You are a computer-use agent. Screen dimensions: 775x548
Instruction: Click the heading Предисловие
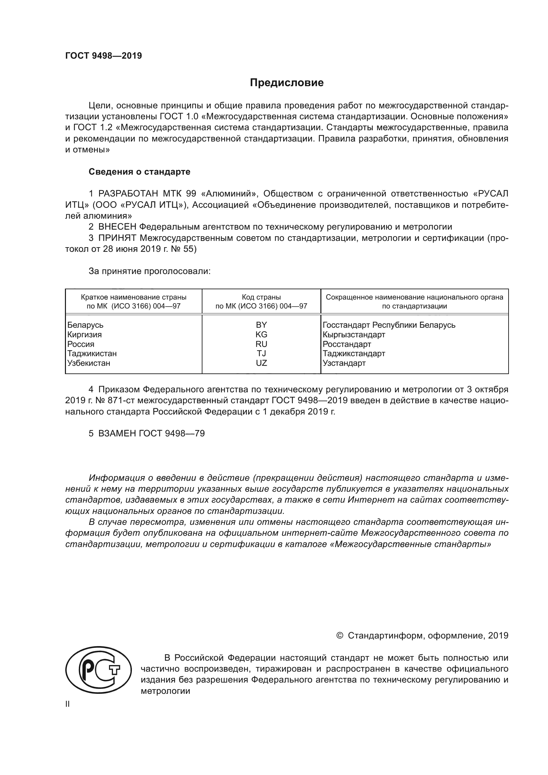pos(287,83)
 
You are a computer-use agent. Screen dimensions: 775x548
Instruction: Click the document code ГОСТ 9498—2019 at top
pos(104,56)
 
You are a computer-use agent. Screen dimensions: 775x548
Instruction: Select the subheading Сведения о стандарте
pos(139,172)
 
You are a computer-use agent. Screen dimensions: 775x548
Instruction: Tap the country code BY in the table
pos(261,325)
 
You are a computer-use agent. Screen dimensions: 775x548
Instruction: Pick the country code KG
pos(261,335)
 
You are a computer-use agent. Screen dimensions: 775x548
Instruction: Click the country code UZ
pos(261,363)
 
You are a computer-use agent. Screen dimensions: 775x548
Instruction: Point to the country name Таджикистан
pos(92,354)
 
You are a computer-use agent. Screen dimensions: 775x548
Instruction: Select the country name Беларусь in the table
pos(85,325)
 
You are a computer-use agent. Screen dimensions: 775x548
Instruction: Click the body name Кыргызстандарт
pos(354,335)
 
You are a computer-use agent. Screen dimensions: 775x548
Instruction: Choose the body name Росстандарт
pos(347,344)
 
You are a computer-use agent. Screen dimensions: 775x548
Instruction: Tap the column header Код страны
pos(261,297)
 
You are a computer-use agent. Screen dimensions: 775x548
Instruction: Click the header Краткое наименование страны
pos(134,297)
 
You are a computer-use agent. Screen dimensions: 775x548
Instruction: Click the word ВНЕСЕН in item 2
pos(117,227)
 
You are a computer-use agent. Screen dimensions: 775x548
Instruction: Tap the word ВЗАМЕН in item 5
pos(117,434)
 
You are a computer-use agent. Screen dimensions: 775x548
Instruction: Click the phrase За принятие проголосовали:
pos(149,271)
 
